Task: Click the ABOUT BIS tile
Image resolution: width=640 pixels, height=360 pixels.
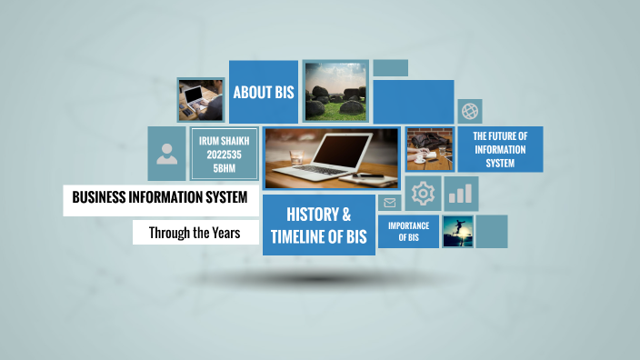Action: [264, 92]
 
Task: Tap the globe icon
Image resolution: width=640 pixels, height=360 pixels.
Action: [470, 111]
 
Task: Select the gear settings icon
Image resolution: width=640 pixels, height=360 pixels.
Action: [423, 194]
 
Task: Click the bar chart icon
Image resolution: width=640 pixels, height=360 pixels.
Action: [462, 194]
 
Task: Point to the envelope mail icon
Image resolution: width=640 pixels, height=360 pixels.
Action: [390, 203]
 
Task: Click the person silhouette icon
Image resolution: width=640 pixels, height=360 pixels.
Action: [167, 153]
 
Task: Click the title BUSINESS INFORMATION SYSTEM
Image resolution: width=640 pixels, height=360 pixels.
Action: [160, 197]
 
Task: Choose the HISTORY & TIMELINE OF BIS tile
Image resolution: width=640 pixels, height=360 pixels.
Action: [319, 225]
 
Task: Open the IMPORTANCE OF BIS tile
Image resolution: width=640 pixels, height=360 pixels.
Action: [408, 231]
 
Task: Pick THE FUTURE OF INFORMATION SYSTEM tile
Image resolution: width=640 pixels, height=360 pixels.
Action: [500, 149]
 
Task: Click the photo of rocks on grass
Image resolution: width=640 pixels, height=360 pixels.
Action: [335, 91]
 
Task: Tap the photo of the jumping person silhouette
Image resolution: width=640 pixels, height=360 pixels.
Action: [458, 231]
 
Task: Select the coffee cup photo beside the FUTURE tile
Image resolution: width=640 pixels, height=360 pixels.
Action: [429, 149]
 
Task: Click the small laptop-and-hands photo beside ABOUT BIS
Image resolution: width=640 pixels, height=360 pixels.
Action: [200, 99]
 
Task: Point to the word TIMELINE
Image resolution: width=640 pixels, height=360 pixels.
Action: [303, 236]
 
